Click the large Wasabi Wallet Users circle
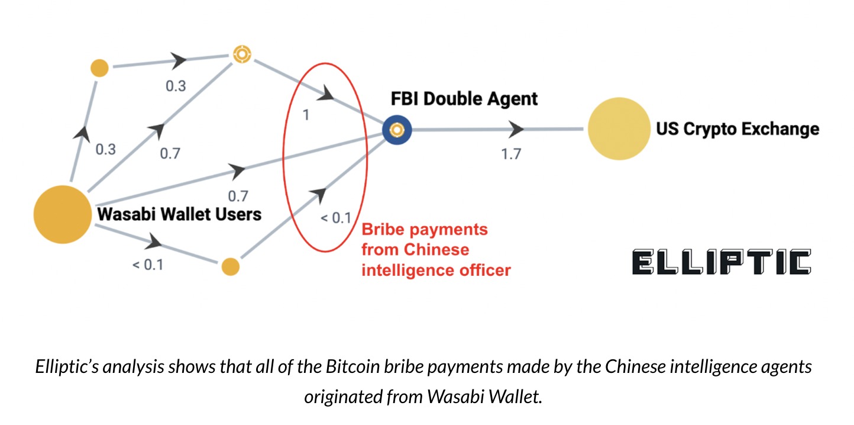62,214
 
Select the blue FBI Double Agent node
397,129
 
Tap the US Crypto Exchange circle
619,129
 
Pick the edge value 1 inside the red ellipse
305,115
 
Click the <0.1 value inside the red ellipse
335,217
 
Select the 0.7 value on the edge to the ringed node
170,154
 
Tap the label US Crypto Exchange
737,129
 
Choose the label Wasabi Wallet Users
179,213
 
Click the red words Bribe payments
425,229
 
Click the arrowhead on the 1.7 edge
516,128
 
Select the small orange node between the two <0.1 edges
230,266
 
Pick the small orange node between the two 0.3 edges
99,67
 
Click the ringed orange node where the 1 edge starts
241,54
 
